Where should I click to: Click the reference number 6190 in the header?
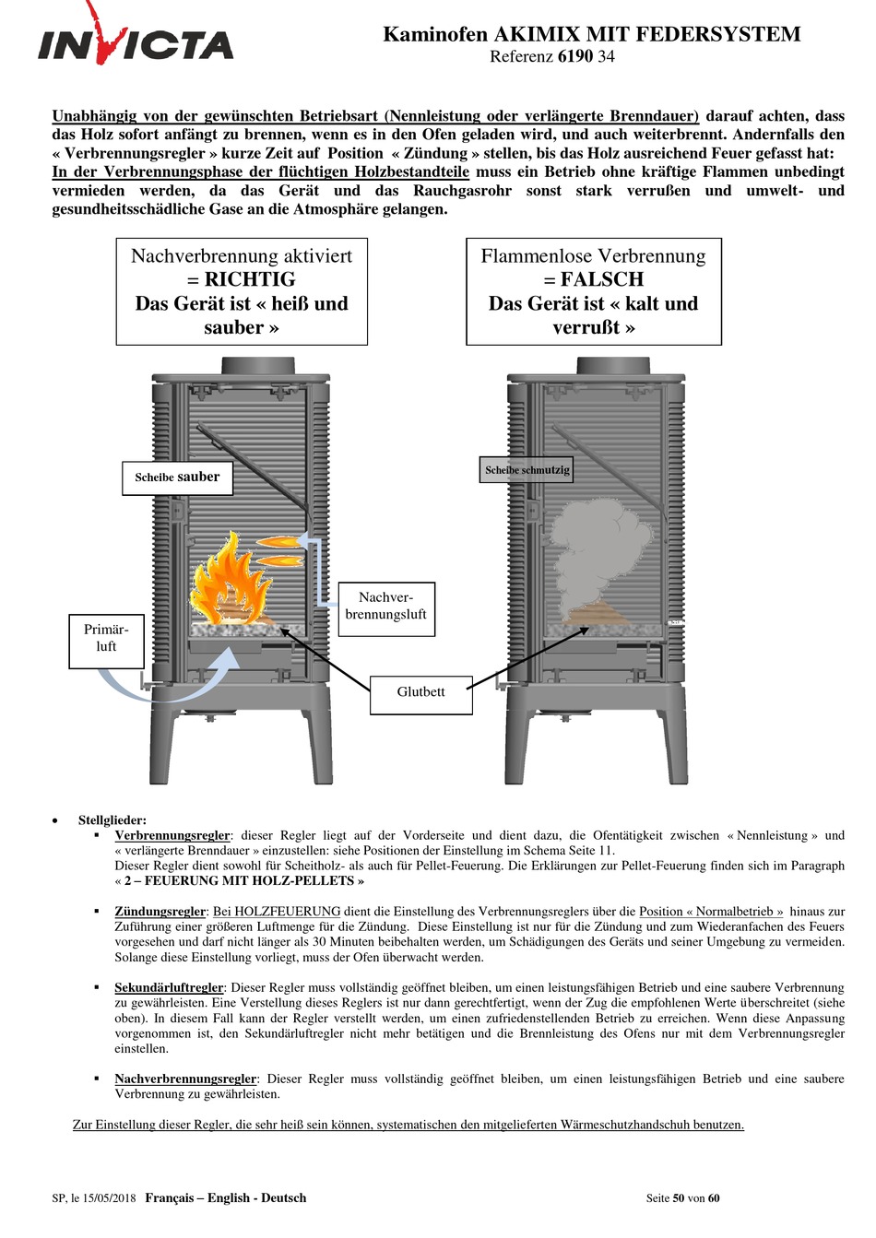coord(574,56)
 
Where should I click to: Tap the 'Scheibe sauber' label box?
coord(177,478)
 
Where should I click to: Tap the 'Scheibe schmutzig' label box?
coord(527,470)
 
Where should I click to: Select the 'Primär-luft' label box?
coord(106,639)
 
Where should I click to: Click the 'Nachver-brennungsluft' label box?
coord(385,607)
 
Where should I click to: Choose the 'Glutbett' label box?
coord(420,692)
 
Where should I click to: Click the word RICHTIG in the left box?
coord(249,279)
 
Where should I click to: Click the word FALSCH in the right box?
coord(602,279)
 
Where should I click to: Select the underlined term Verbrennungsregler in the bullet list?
coord(172,835)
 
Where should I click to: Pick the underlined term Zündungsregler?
coord(160,911)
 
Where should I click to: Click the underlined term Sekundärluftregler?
coord(169,987)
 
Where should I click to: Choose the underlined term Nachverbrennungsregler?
coord(184,1079)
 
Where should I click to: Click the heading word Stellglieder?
coord(112,819)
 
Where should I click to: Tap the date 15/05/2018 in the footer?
coord(109,1198)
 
